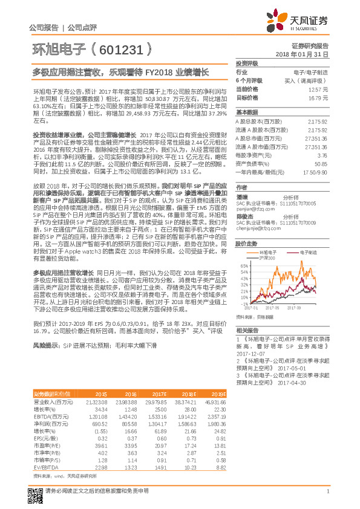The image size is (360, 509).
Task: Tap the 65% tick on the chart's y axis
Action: [243, 265]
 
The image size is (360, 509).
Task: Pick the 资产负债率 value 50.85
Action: [321, 163]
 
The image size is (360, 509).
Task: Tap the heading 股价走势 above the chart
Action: [246, 243]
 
